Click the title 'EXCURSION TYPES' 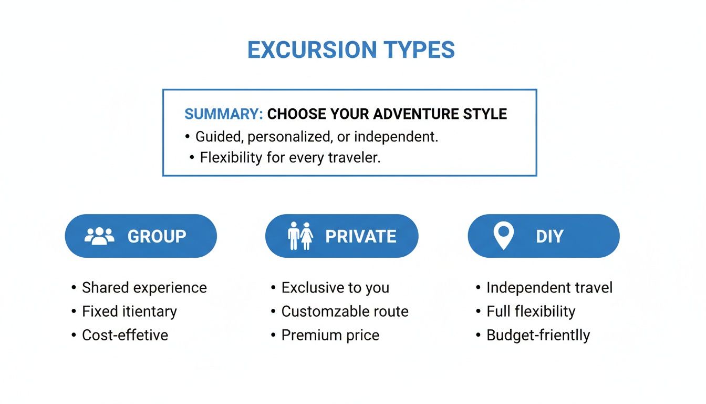(351, 50)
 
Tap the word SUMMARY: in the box (223, 114)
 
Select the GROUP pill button (141, 236)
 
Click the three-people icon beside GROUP (99, 236)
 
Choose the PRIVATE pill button (341, 236)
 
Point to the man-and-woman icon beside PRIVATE (300, 236)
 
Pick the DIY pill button (544, 236)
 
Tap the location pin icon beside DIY (503, 235)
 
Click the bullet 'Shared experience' (144, 288)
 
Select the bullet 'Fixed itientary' (129, 311)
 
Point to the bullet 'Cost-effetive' (125, 335)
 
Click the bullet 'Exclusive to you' (335, 288)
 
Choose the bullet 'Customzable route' (345, 311)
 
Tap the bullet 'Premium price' (330, 335)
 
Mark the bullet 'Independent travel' (549, 288)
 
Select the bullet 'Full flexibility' (531, 311)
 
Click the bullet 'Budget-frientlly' (538, 335)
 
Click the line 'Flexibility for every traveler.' (290, 157)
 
